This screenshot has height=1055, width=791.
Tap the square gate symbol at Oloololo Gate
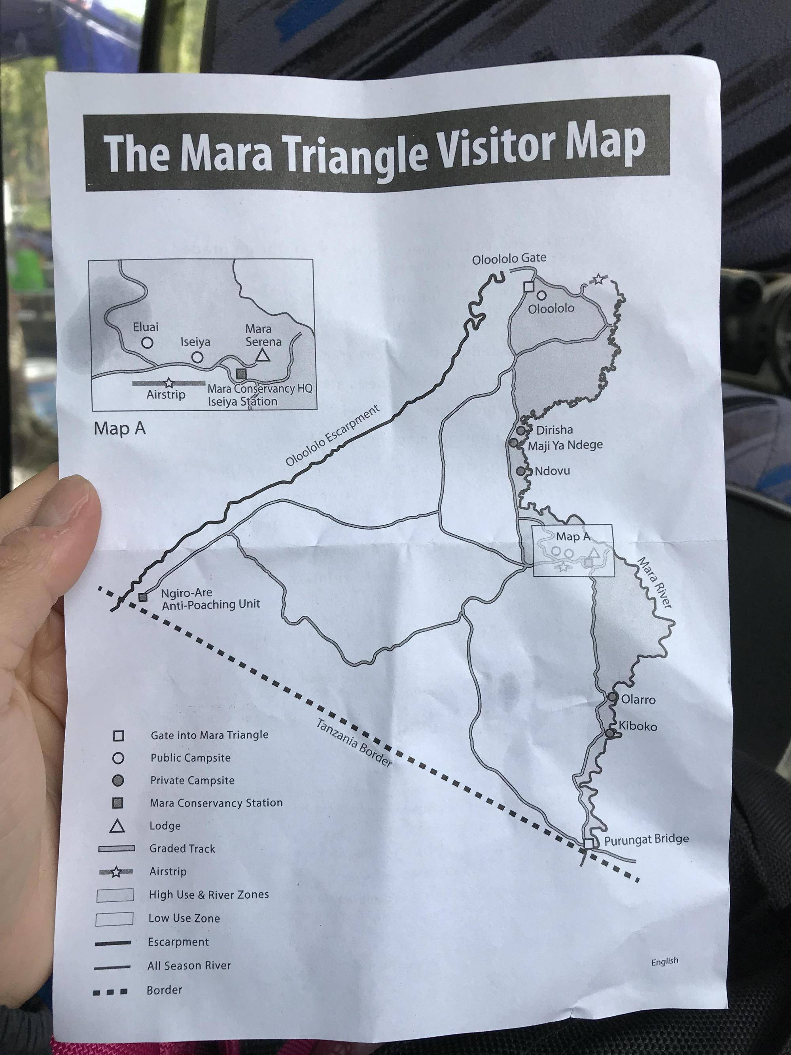(528, 286)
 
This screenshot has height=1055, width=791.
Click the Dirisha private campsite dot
(521, 430)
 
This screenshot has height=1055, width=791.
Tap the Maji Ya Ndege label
(565, 445)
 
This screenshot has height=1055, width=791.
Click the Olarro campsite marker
(613, 697)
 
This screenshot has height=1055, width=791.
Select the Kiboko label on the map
(638, 727)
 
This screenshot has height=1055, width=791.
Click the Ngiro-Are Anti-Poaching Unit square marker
(142, 597)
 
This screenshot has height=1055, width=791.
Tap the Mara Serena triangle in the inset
(261, 355)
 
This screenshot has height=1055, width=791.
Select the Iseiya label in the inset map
(195, 342)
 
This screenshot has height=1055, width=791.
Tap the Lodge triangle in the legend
(117, 825)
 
